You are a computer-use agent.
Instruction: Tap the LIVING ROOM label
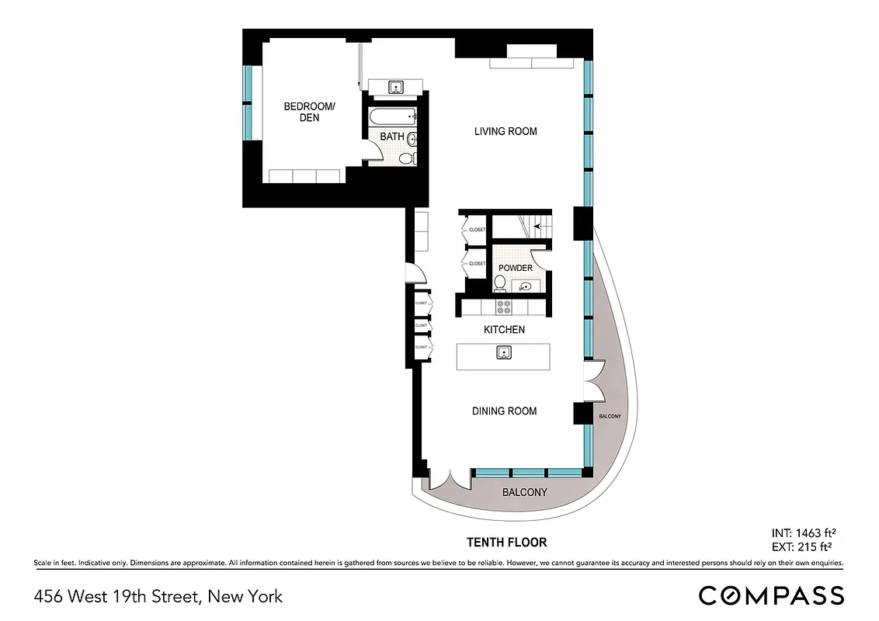click(x=506, y=131)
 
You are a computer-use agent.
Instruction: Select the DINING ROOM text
click(x=504, y=411)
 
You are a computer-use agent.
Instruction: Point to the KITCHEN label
click(x=504, y=330)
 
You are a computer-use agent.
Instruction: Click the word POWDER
click(x=516, y=268)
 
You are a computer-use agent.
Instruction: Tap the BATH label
click(x=391, y=137)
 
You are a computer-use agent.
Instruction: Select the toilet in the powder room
click(x=501, y=283)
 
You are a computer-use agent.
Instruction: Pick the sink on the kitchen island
click(x=504, y=354)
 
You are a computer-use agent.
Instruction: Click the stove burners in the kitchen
click(x=503, y=305)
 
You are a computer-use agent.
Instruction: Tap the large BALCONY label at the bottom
click(x=524, y=492)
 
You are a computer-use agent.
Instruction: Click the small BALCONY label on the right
click(x=610, y=417)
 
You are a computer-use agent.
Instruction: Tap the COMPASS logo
click(x=770, y=595)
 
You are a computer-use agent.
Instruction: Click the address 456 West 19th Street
click(x=158, y=597)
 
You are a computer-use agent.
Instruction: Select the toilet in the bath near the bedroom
click(x=405, y=158)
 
